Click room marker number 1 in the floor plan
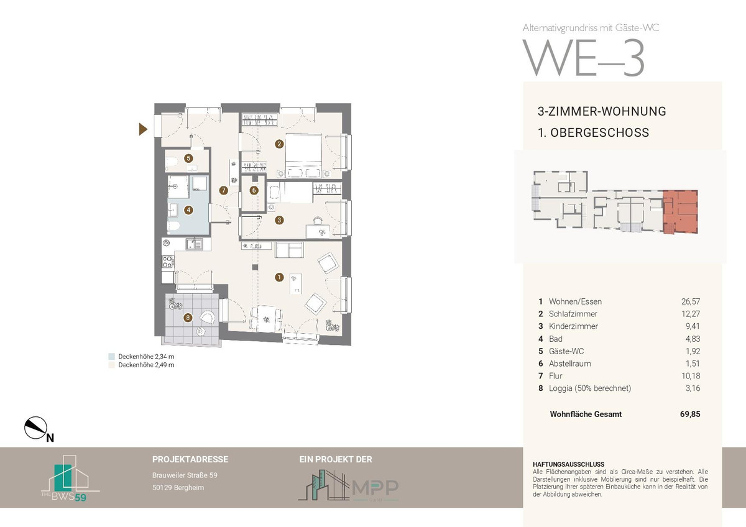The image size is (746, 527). coord(279,277)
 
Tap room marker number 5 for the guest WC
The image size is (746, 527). coord(189,158)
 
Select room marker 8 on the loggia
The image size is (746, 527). coord(188,318)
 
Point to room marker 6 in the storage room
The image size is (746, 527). coord(254,190)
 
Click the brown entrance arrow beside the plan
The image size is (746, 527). coord(143,129)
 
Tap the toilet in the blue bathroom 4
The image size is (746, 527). coord(173,226)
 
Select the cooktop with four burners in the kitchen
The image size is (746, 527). coord(167,262)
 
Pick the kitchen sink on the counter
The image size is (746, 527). coord(194,244)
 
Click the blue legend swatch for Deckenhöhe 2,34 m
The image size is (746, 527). coord(111,356)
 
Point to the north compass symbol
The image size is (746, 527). coord(37,428)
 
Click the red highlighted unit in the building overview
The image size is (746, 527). coord(680,212)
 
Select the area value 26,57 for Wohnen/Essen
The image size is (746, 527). coord(691,301)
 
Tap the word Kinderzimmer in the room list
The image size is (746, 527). coord(573,326)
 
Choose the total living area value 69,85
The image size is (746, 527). coord(690,414)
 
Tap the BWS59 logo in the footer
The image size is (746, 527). coord(70,478)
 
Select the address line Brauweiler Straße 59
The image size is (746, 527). coord(185,475)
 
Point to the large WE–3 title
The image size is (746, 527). coord(584,58)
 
